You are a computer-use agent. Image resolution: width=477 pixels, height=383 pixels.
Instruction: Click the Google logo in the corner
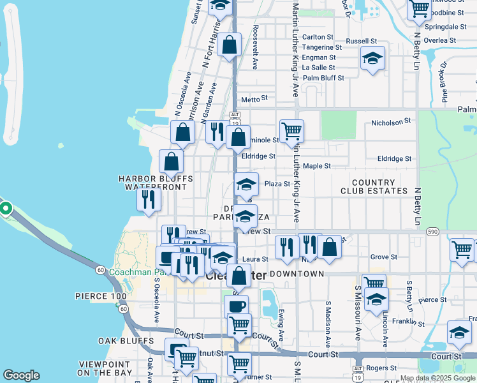21,375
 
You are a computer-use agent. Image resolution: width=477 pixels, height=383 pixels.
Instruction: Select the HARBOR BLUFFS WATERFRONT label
156,183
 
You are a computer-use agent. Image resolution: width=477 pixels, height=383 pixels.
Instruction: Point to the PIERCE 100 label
102,297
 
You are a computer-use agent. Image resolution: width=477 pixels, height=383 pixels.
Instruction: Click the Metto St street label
254,99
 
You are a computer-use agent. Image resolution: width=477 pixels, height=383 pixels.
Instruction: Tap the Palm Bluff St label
323,78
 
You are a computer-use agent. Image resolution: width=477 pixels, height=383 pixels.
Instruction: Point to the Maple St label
316,166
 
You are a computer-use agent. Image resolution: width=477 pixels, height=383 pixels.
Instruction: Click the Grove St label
384,257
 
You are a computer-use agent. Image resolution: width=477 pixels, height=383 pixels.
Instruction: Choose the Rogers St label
383,368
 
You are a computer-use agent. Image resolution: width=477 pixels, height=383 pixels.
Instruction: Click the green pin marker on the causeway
5,209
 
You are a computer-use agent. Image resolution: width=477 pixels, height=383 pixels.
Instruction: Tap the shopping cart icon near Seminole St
291,131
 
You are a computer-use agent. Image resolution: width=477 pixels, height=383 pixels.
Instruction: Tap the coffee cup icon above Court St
237,305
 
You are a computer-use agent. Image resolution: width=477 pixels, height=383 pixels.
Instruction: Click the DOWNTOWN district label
297,273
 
